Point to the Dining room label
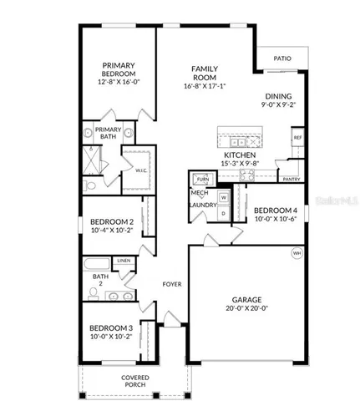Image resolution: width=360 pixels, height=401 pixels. click(x=278, y=97)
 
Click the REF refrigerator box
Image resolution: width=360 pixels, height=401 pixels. click(x=297, y=137)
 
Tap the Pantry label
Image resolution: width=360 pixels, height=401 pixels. click(x=292, y=179)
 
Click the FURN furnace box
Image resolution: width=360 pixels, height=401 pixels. click(x=203, y=180)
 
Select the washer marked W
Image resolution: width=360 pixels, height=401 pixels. click(x=223, y=198)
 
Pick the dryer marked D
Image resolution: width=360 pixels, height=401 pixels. click(x=223, y=213)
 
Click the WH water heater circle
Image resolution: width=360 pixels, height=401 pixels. click(x=297, y=253)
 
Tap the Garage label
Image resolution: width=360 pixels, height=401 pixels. click(x=247, y=300)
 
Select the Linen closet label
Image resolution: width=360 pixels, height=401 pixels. click(x=124, y=261)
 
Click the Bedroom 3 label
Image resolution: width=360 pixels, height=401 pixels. click(x=111, y=328)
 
